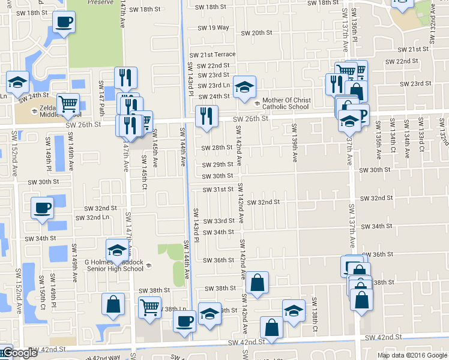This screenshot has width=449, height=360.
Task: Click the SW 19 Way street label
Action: tap(214, 28)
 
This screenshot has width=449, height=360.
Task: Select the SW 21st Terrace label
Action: tap(212, 54)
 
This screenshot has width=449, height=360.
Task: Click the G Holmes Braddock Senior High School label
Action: tap(114, 265)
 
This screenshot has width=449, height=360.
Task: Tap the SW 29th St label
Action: tap(218, 164)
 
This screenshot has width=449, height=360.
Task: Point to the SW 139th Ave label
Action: tap(295, 143)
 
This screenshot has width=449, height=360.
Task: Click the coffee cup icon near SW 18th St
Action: tap(64, 23)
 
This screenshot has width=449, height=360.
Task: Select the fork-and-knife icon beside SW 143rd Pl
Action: tap(206, 114)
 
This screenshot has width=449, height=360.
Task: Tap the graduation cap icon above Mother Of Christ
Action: tap(244, 86)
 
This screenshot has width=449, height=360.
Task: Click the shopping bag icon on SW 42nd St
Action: tap(271, 327)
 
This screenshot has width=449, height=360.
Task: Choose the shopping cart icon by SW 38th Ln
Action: tap(149, 307)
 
